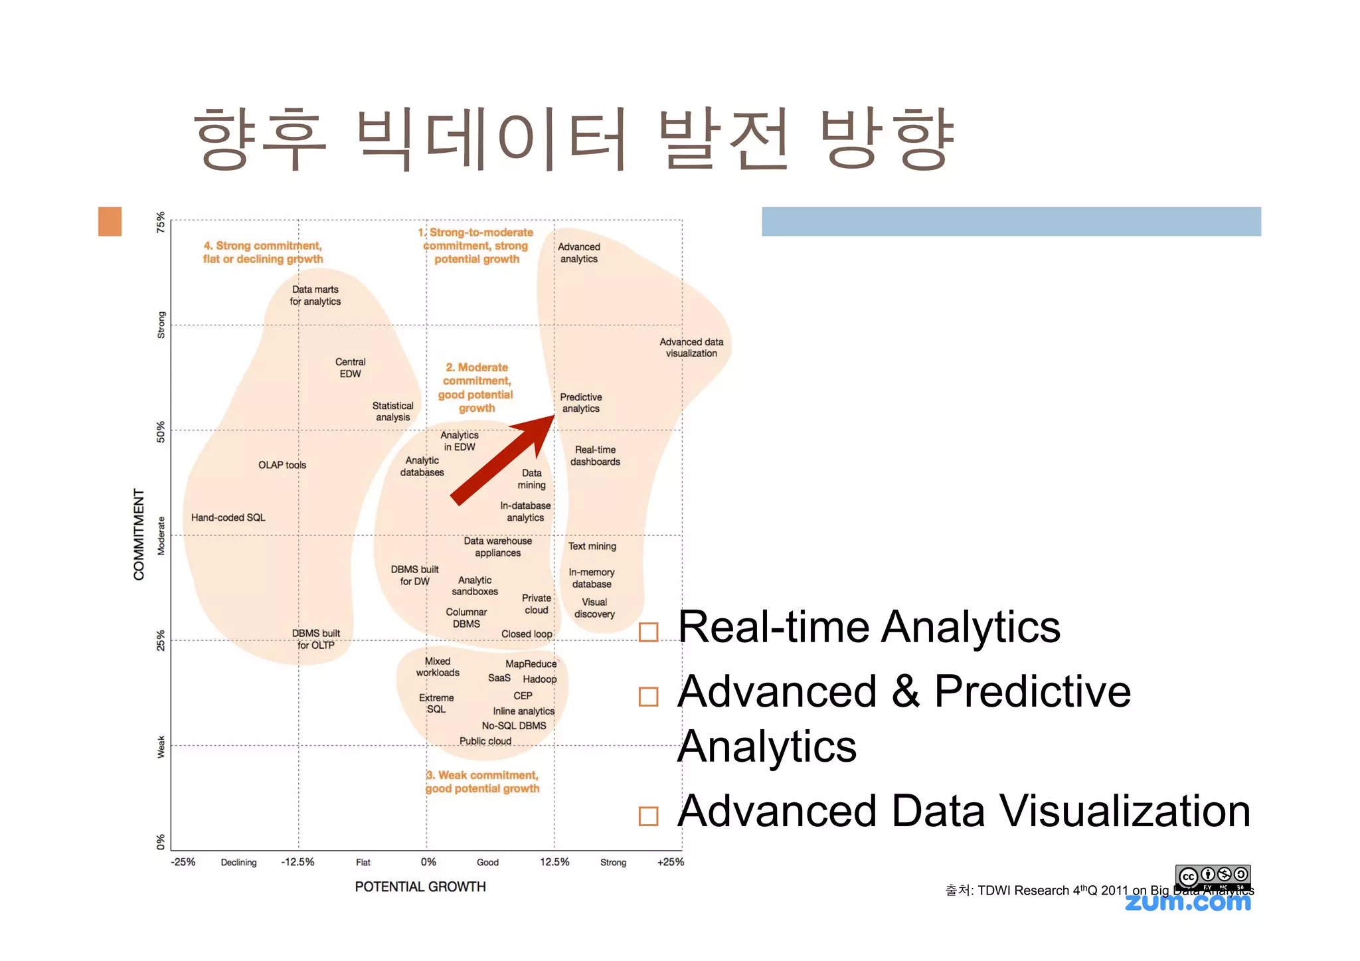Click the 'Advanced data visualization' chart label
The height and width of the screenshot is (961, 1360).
(691, 347)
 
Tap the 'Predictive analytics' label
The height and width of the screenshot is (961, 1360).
(580, 402)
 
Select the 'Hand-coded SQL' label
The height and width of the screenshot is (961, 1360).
(228, 517)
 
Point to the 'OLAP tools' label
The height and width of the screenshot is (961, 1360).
(282, 465)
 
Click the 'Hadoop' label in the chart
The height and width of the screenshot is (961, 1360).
(539, 679)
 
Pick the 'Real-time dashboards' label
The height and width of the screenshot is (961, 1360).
(595, 456)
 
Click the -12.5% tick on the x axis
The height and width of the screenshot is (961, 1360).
(297, 862)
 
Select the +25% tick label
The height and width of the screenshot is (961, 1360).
(670, 862)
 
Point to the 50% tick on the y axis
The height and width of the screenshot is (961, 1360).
(161, 432)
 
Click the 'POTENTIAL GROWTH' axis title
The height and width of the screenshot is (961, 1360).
(420, 887)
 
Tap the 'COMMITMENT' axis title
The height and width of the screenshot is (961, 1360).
(139, 534)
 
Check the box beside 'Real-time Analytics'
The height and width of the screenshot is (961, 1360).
(648, 632)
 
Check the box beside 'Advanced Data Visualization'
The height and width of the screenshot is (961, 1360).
(648, 816)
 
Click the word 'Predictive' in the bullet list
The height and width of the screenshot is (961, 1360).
(1032, 691)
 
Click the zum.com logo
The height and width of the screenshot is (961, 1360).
(1187, 902)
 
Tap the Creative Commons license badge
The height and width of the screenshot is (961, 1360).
(1213, 877)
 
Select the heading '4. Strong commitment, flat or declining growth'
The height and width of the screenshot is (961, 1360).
(263, 252)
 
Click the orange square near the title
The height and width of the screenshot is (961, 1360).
(110, 221)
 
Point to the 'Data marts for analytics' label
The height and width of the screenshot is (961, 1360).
(315, 295)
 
